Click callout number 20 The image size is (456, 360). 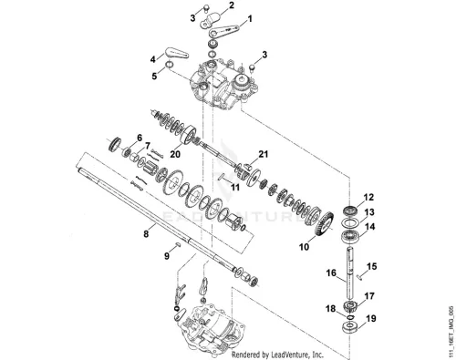(x=175, y=154)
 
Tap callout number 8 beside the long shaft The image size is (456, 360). (x=146, y=234)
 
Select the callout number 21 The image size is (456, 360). (x=264, y=154)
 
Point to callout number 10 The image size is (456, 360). (x=304, y=247)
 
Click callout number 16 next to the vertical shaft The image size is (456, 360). (x=331, y=273)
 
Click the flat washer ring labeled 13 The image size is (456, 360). (x=350, y=223)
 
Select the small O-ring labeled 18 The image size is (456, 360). (x=350, y=317)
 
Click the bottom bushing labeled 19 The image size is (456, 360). (x=350, y=327)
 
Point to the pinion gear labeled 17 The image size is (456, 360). (x=349, y=306)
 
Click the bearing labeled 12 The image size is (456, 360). (x=350, y=210)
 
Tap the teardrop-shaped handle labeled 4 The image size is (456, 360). (x=177, y=53)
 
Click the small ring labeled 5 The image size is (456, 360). (x=170, y=65)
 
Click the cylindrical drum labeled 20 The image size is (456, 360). (x=190, y=136)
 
